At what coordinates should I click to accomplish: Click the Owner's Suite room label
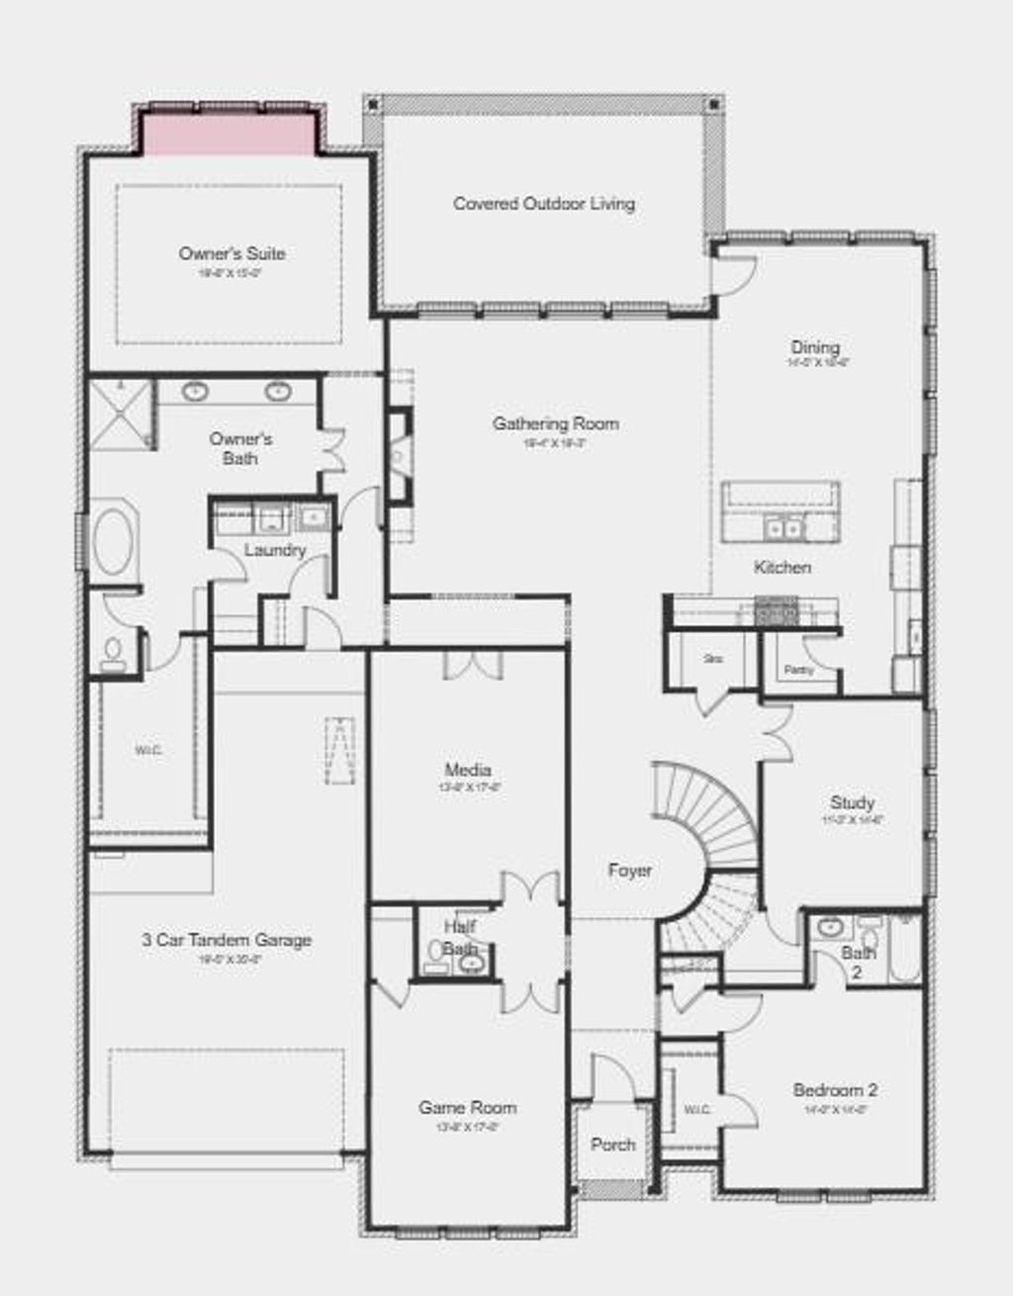(231, 254)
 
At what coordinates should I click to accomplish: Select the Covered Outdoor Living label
(543, 204)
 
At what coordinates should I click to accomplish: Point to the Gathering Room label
(555, 424)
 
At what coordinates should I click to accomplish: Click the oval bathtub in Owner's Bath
(114, 542)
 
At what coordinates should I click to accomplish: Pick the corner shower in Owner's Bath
(120, 413)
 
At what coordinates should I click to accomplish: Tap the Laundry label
(274, 550)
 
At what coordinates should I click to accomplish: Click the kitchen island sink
(783, 528)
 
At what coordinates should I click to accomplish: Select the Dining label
(815, 347)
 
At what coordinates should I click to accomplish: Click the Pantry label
(798, 670)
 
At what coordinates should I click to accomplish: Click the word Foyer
(629, 871)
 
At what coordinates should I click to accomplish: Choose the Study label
(852, 802)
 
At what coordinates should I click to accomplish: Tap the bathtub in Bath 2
(904, 949)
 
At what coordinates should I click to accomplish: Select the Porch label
(612, 1145)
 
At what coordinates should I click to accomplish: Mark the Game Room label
(467, 1108)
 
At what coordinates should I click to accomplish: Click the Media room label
(467, 770)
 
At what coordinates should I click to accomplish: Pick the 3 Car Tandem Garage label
(226, 940)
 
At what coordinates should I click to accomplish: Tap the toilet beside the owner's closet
(114, 654)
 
